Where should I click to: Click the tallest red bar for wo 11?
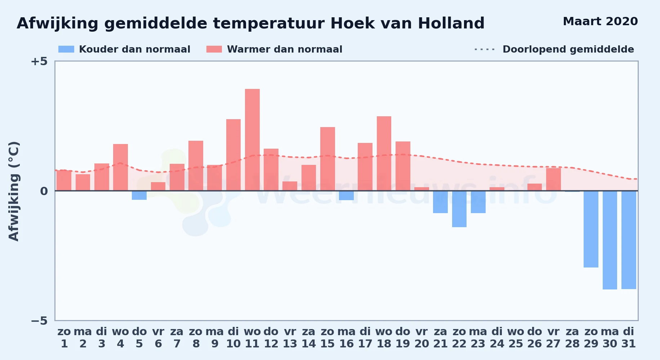[x=252, y=140]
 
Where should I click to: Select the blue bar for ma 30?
[x=610, y=240]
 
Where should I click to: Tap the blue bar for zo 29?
[x=591, y=229]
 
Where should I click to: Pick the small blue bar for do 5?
[x=139, y=195]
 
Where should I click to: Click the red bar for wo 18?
[x=384, y=153]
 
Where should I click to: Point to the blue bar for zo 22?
[x=459, y=209]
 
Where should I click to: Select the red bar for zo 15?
[x=327, y=159]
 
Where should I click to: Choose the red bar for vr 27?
[x=553, y=179]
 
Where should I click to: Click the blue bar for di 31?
[x=629, y=240]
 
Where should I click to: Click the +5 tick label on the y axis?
[x=39, y=62]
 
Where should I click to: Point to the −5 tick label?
[x=39, y=321]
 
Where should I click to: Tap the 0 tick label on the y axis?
[x=44, y=191]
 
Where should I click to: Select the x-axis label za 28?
[x=572, y=338]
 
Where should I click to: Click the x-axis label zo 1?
[x=64, y=338]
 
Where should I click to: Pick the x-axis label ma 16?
[x=346, y=338]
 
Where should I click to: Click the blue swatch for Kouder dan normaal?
[x=66, y=49]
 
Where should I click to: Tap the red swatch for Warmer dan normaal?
[x=214, y=49]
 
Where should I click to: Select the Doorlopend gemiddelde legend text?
[x=568, y=49]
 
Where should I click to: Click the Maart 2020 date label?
[x=600, y=22]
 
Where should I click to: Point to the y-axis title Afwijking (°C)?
[x=14, y=191]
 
